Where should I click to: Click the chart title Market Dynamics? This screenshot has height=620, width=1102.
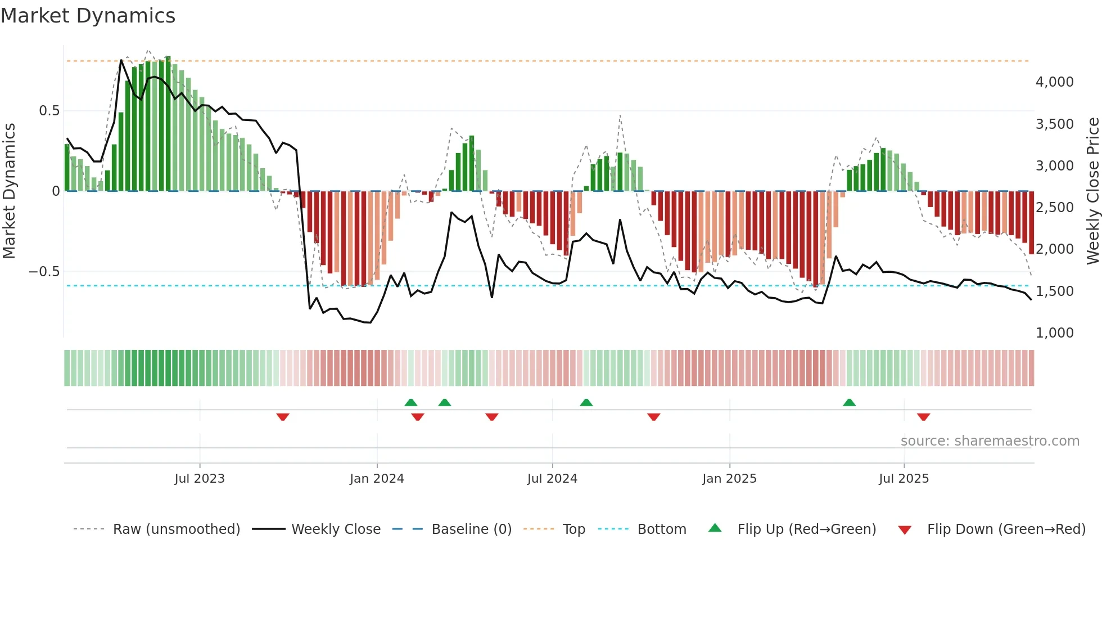click(x=88, y=16)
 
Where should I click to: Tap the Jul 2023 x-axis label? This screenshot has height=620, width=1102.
click(x=200, y=479)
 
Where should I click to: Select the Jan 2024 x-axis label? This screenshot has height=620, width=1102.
click(x=377, y=479)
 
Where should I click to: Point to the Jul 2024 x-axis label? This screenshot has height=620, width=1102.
click(x=552, y=479)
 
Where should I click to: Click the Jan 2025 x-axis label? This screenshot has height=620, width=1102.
click(x=729, y=479)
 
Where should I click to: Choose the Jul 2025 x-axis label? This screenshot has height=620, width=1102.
click(x=904, y=479)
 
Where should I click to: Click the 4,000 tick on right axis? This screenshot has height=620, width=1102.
click(x=1054, y=82)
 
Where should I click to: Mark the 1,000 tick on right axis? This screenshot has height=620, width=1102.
click(x=1054, y=333)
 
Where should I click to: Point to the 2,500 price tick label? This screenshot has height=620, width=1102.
click(x=1054, y=208)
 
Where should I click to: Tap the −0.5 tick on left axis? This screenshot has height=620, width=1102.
click(x=44, y=272)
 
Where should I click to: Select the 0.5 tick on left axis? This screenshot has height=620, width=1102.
click(x=49, y=111)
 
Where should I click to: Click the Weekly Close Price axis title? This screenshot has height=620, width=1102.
click(x=1092, y=191)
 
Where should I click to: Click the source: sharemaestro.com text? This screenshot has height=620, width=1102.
click(x=990, y=441)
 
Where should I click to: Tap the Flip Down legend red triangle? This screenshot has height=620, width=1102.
click(x=905, y=530)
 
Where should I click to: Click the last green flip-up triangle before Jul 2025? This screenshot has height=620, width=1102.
click(x=849, y=403)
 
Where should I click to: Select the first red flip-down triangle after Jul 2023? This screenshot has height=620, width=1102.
click(x=283, y=417)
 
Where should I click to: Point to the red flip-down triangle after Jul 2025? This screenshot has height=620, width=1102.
click(x=923, y=417)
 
